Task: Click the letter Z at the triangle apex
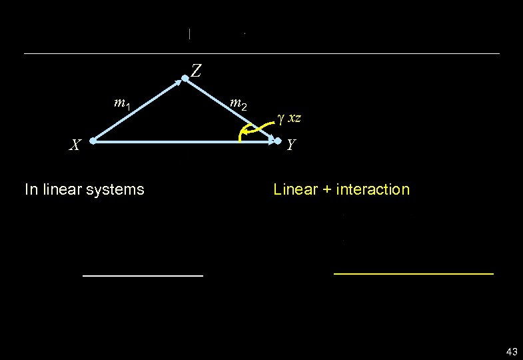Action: [197, 70]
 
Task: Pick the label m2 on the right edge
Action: [238, 103]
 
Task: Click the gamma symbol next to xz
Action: [280, 118]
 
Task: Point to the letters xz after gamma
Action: [294, 118]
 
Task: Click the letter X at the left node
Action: [77, 144]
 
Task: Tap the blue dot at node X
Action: [94, 141]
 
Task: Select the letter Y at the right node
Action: [291, 144]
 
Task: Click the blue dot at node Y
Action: [278, 141]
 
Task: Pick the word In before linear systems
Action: [30, 189]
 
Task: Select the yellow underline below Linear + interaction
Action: [413, 273]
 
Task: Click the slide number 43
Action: [512, 351]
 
